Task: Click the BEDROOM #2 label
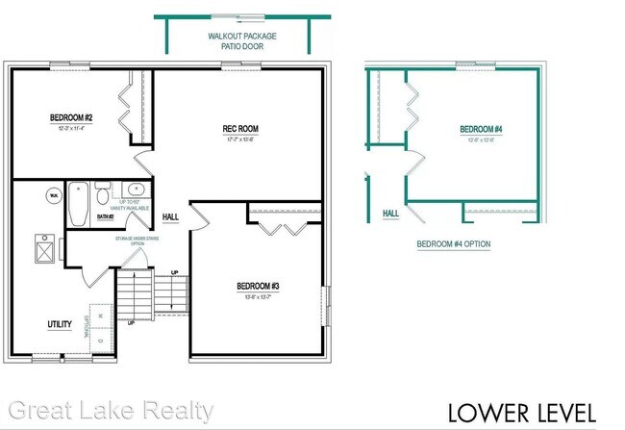[71, 118]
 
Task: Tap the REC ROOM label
[240, 129]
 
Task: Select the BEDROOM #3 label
[258, 286]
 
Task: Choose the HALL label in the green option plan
[391, 213]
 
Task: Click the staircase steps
[136, 293]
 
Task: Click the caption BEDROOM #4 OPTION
[453, 244]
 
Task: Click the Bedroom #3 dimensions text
[258, 298]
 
